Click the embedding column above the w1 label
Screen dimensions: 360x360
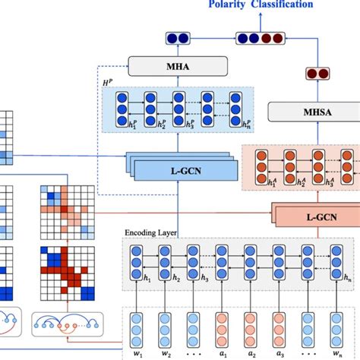pyautogui.click(x=137, y=325)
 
